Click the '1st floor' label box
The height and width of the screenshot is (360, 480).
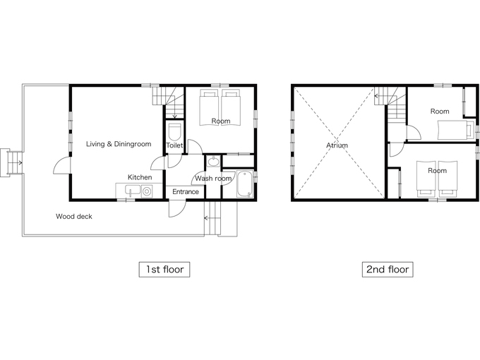(164, 270)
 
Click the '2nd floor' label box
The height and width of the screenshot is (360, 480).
(388, 270)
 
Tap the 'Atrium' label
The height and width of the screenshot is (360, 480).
(337, 145)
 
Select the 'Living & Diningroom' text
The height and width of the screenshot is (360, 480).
(119, 144)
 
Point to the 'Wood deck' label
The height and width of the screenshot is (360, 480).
(74, 217)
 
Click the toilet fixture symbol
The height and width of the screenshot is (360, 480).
(175, 132)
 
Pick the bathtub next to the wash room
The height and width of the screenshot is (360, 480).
(245, 184)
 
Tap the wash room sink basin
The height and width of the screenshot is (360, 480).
(213, 162)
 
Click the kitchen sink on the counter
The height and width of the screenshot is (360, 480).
(133, 191)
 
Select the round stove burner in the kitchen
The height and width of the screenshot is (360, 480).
(147, 192)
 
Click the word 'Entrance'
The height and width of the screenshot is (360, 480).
(186, 192)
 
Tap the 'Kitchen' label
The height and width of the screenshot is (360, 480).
(140, 177)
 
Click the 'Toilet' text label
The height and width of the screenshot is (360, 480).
(174, 145)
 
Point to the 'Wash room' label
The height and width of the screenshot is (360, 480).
(213, 179)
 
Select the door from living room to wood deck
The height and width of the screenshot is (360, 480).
(62, 166)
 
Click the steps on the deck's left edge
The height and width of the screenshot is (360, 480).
(11, 162)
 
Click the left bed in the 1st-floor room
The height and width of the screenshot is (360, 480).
(210, 107)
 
